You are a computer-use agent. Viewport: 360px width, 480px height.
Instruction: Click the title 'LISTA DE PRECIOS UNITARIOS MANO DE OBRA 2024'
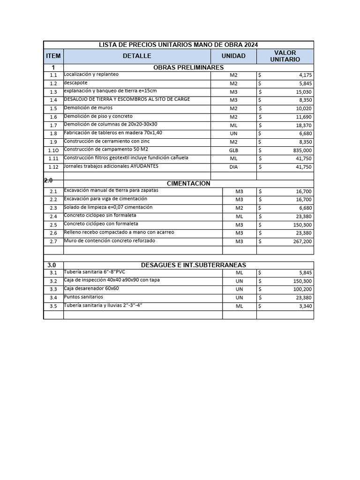click(x=178, y=45)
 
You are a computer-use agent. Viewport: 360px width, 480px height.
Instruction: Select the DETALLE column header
click(x=137, y=56)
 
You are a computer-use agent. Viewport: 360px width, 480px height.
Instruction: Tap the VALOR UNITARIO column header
click(x=285, y=56)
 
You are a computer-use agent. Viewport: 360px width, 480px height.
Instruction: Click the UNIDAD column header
click(x=233, y=56)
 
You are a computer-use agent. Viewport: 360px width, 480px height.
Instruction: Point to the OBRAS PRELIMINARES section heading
click(x=188, y=67)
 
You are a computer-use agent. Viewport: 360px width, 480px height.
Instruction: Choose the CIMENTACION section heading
click(x=188, y=183)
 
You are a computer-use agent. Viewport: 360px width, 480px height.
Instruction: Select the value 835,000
click(x=301, y=150)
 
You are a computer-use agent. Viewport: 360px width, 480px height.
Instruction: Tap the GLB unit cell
click(x=233, y=150)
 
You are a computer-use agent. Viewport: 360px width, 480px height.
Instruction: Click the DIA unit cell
click(x=233, y=167)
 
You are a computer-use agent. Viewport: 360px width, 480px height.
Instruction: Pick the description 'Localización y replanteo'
click(x=91, y=74)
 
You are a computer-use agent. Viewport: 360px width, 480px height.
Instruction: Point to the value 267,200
click(x=301, y=241)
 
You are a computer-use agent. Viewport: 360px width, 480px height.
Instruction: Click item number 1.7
click(x=53, y=126)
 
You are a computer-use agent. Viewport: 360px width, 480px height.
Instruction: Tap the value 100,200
click(x=301, y=289)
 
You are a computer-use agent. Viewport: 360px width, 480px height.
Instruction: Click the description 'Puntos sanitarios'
click(x=83, y=297)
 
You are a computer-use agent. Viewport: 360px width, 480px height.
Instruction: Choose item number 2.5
click(x=53, y=225)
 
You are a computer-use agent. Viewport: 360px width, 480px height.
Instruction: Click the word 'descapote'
click(x=76, y=82)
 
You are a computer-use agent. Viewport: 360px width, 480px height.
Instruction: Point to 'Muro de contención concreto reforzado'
click(x=109, y=240)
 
